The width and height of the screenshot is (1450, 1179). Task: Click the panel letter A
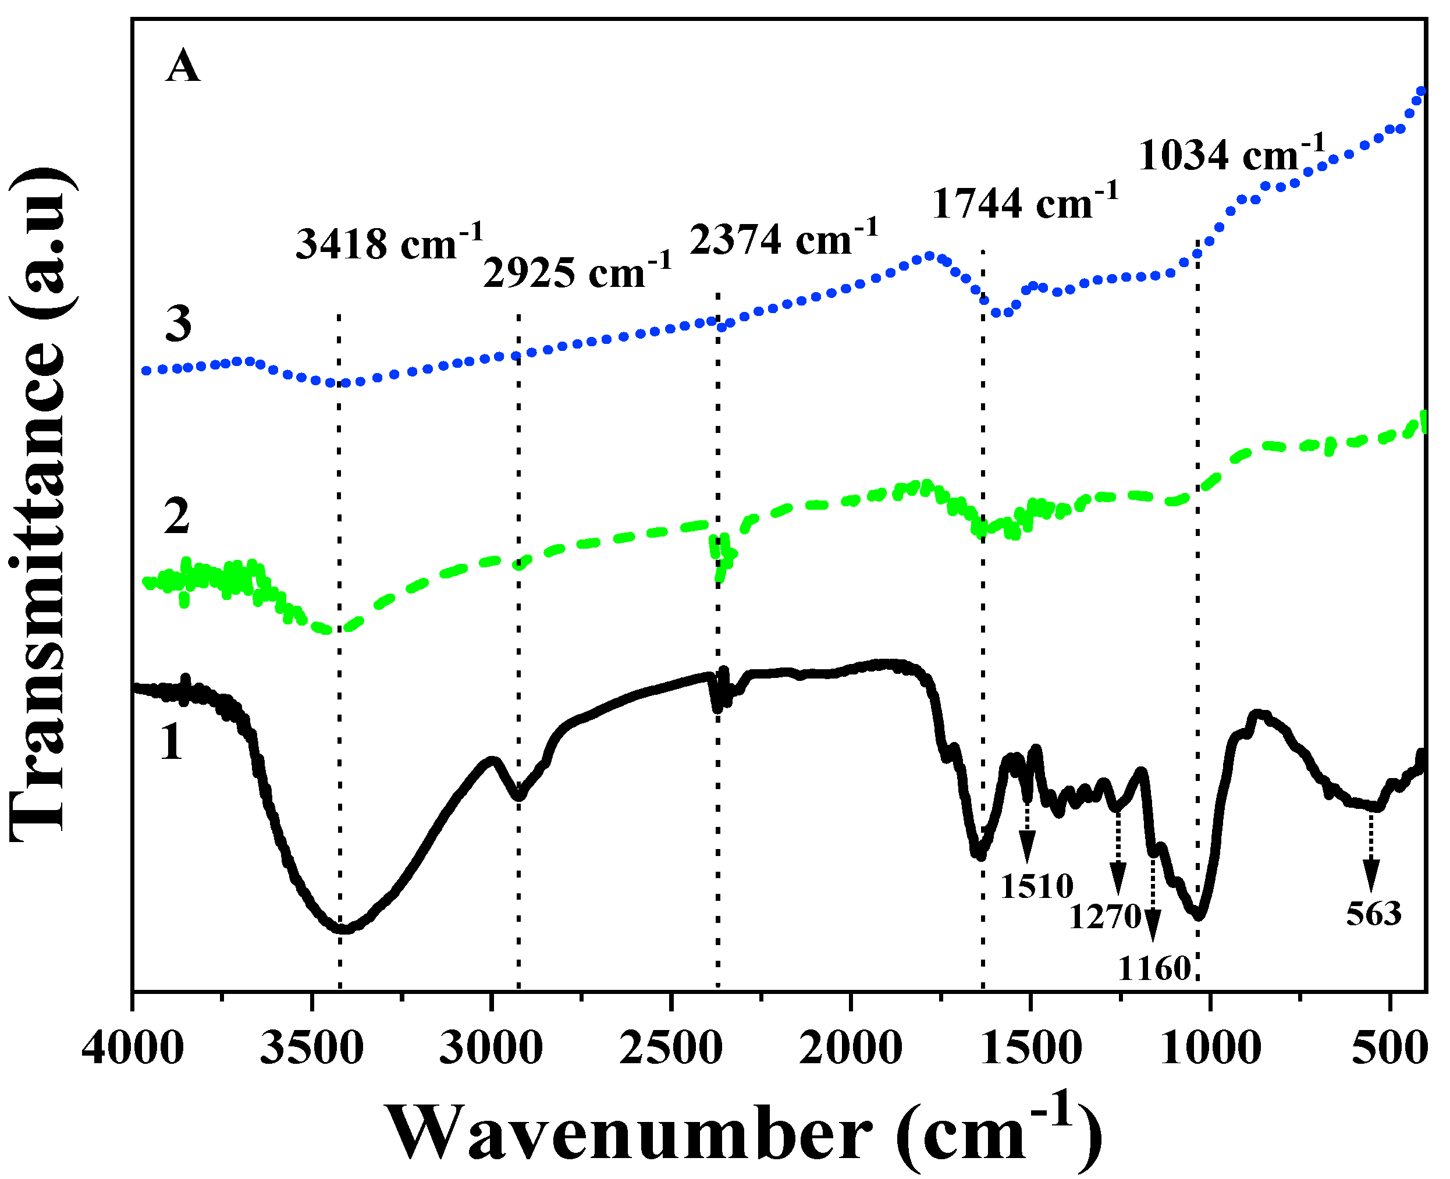click(x=183, y=68)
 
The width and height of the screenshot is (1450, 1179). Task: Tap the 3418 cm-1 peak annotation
click(x=389, y=243)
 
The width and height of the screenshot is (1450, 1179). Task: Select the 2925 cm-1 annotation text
click(x=577, y=272)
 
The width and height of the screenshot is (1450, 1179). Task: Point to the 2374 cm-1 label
click(x=783, y=239)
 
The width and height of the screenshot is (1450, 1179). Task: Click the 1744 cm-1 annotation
click(x=1024, y=203)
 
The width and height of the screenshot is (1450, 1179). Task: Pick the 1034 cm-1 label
click(x=1231, y=155)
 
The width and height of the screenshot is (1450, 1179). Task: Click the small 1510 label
click(x=1036, y=886)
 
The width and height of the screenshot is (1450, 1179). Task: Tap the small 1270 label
click(x=1106, y=917)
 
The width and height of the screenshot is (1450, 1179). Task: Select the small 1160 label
click(x=1154, y=968)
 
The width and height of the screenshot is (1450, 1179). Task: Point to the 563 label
click(x=1374, y=914)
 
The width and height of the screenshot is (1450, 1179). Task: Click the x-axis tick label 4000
click(x=133, y=1048)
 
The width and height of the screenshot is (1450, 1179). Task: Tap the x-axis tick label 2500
click(x=671, y=1048)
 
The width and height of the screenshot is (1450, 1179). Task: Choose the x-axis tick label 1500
click(x=1030, y=1048)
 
